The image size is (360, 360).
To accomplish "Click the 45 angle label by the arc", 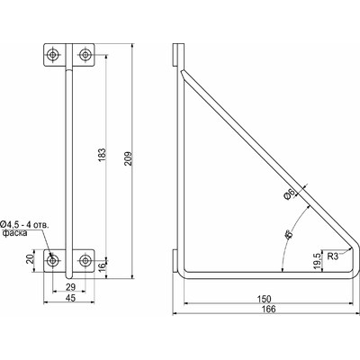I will (288, 237).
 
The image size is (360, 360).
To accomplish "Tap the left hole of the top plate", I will (54, 55).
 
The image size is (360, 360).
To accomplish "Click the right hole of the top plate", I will (85, 55).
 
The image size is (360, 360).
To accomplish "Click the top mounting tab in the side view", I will (175, 54).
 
